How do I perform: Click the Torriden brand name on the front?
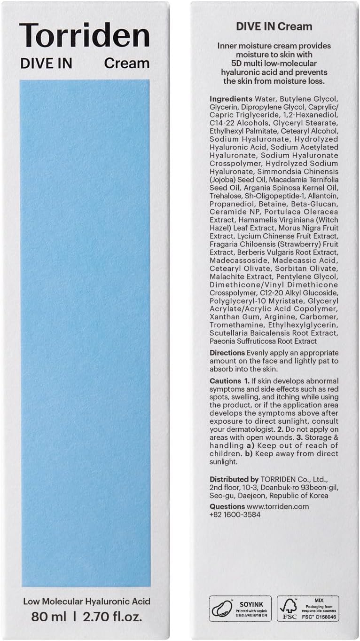click(x=85, y=35)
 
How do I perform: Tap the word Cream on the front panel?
click(x=127, y=63)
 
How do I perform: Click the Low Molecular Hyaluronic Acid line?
click(x=86, y=601)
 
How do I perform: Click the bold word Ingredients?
click(x=231, y=99)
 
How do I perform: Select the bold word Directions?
click(x=227, y=353)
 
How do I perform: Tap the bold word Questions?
click(x=227, y=506)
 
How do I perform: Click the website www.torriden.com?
click(x=278, y=506)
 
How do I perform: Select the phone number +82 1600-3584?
click(x=235, y=514)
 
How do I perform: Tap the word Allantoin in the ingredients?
click(x=321, y=196)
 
